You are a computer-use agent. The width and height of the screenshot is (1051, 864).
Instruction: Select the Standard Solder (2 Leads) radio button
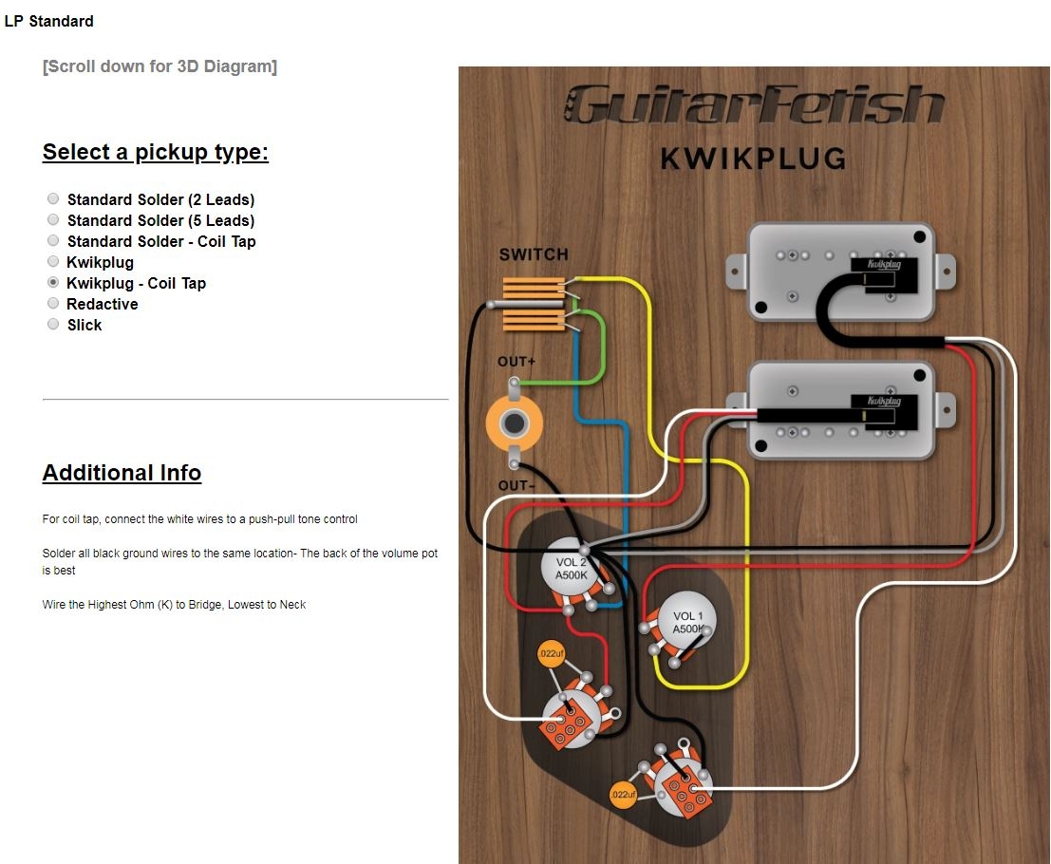click(x=53, y=199)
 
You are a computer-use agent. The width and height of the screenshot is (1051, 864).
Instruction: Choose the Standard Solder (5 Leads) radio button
click(x=53, y=220)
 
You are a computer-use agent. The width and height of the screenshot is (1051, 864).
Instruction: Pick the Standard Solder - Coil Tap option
click(x=53, y=241)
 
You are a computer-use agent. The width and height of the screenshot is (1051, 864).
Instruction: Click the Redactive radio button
click(x=53, y=304)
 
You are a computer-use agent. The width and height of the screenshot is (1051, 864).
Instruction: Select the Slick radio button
click(x=53, y=325)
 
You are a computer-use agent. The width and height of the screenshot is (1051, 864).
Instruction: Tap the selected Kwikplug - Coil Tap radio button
click(x=53, y=283)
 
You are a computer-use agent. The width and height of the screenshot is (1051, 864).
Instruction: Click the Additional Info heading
click(x=122, y=473)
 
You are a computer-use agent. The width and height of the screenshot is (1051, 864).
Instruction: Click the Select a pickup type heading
click(x=156, y=152)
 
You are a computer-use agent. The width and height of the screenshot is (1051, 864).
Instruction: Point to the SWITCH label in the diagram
click(x=534, y=254)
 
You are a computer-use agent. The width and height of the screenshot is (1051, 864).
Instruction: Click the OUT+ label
click(x=516, y=363)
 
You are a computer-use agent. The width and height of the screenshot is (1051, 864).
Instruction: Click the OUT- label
click(x=516, y=486)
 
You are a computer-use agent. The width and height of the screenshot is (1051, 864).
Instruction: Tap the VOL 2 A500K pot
click(x=570, y=568)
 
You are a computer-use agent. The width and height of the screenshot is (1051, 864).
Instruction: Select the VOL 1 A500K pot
click(x=687, y=622)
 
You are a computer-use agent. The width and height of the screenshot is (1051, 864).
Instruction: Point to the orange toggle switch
click(x=534, y=304)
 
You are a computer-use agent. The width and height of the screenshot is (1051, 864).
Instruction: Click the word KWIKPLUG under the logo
click(x=753, y=158)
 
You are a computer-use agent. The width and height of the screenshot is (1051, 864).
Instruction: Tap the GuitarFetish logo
click(x=755, y=104)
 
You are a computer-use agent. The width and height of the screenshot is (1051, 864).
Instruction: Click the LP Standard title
click(x=49, y=21)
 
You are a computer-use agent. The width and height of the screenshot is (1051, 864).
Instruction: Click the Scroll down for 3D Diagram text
click(x=160, y=66)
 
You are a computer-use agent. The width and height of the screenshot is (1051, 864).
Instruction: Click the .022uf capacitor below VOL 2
click(x=550, y=654)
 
